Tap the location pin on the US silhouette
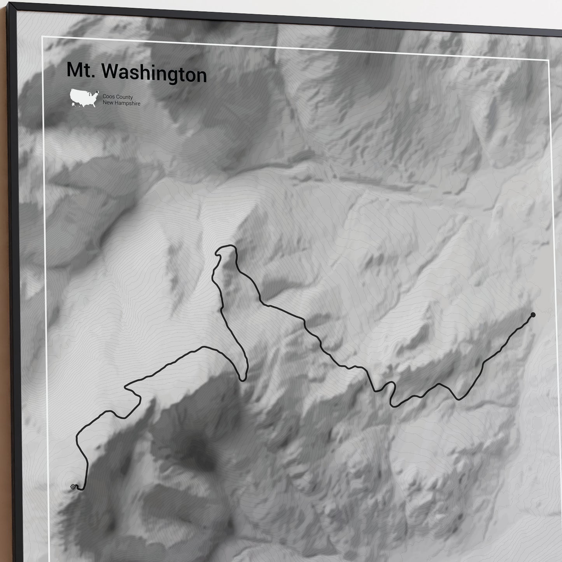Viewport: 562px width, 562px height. pyautogui.click(x=92, y=92)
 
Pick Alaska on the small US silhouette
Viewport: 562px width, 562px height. pyautogui.click(x=73, y=104)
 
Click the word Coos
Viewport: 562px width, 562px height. pyautogui.click(x=107, y=97)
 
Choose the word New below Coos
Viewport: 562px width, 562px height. pyautogui.click(x=107, y=103)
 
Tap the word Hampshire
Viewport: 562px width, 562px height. pyautogui.click(x=128, y=103)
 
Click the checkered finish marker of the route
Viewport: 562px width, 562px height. pyautogui.click(x=73, y=486)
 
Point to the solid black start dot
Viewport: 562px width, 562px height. pyautogui.click(x=533, y=315)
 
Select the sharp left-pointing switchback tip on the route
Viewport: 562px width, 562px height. pyautogui.click(x=126, y=387)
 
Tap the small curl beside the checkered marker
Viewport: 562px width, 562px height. pyautogui.click(x=79, y=488)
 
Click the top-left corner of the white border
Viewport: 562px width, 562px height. pyautogui.click(x=42, y=37)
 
